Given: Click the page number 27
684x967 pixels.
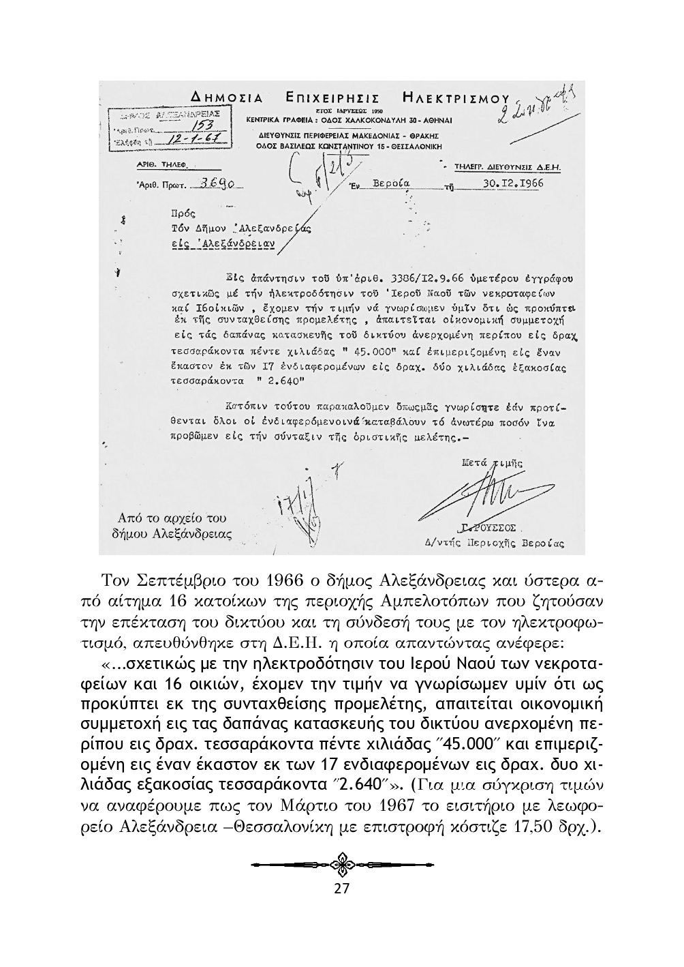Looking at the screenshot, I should pyautogui.click(x=341, y=888).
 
